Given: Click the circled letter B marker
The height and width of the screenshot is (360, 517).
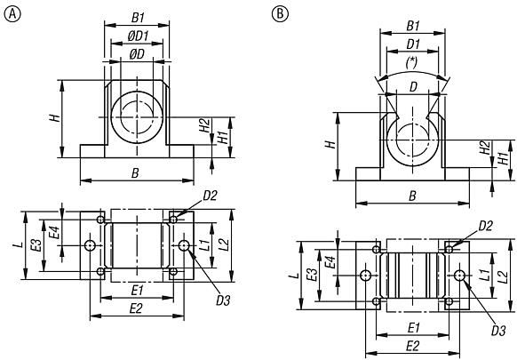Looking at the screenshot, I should [281, 12].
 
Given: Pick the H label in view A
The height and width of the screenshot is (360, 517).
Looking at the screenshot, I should [55, 118].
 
